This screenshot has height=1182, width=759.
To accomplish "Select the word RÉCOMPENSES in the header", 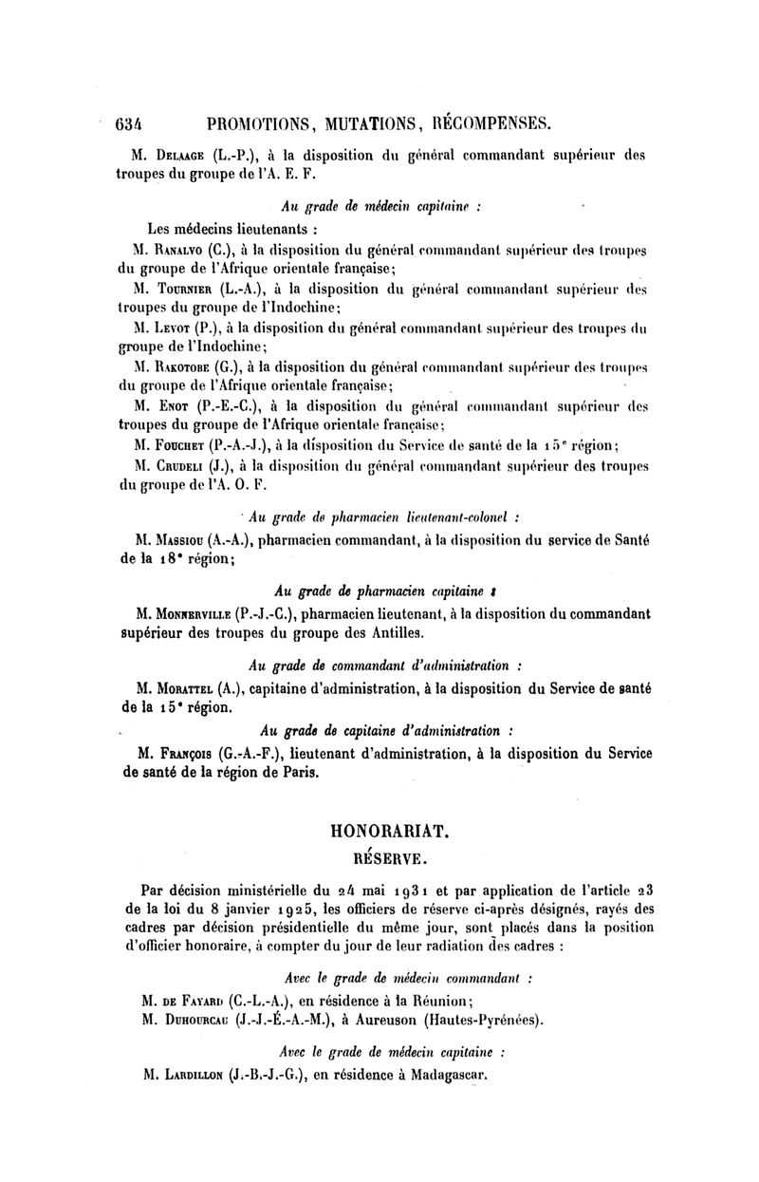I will [491, 122].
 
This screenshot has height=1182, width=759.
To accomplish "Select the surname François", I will [185, 754].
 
